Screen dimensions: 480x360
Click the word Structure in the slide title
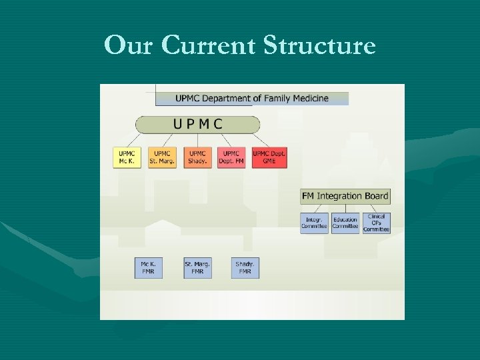tap(320, 45)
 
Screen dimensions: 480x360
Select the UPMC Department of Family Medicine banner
tap(252, 98)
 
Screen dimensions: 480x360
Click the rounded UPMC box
tap(197, 124)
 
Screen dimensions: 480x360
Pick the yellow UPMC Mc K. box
tap(127, 157)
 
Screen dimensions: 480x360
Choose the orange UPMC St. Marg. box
tap(162, 157)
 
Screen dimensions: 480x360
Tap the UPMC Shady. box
tap(197, 157)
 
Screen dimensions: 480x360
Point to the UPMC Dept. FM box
tap(231, 157)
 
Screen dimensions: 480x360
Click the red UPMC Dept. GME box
tap(269, 157)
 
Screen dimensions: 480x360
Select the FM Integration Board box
tap(345, 196)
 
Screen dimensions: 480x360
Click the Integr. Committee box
tap(314, 223)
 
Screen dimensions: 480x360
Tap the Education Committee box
tap(345, 223)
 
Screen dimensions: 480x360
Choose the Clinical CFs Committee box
tap(377, 223)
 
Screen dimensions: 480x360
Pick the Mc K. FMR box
tap(148, 268)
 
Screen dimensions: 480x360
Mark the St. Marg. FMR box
tap(197, 268)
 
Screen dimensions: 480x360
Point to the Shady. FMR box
tap(245, 268)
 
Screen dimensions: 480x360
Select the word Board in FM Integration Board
tap(375, 196)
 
